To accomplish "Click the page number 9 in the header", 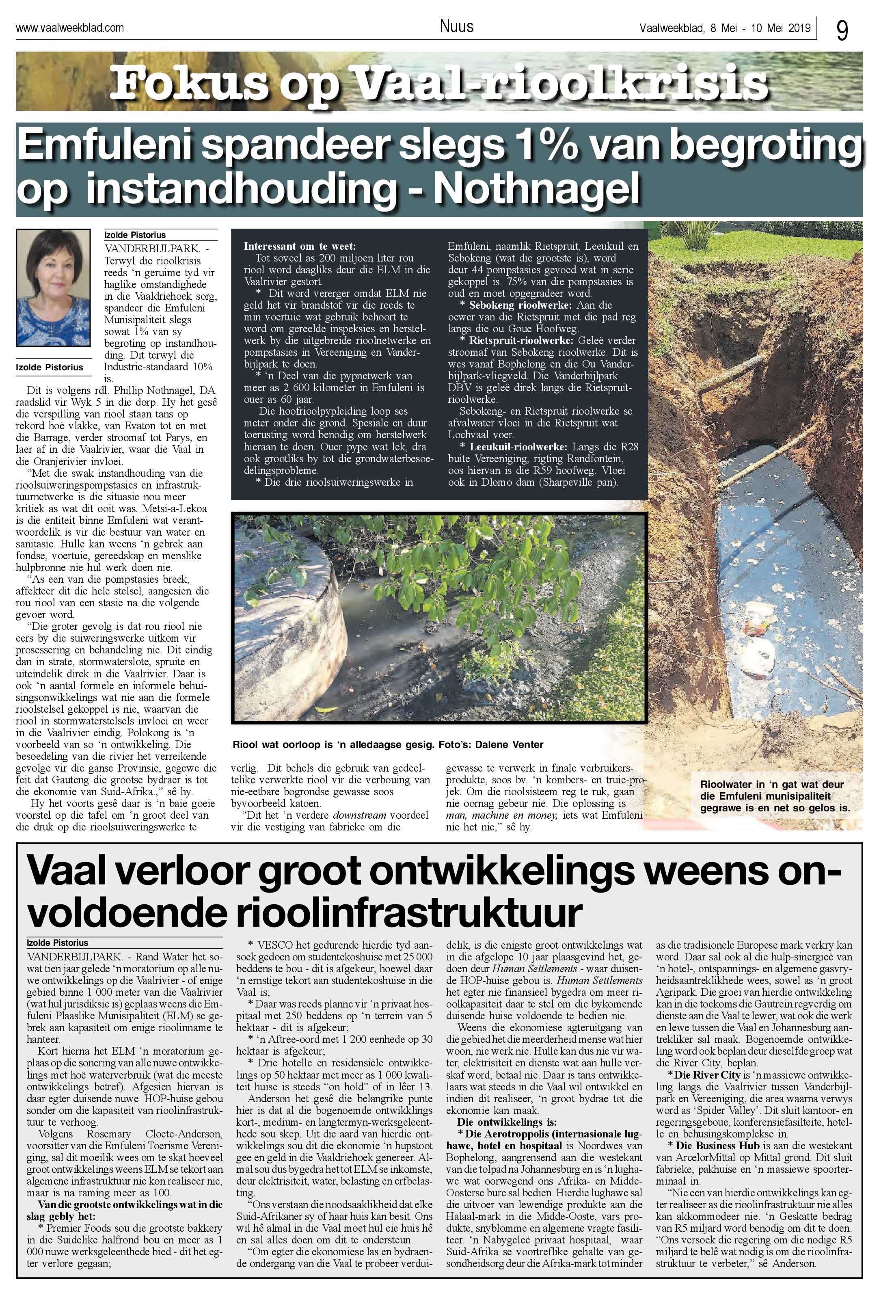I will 842,30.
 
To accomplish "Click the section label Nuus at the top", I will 456,26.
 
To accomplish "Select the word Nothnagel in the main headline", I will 536,190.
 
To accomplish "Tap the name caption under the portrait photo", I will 50,367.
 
